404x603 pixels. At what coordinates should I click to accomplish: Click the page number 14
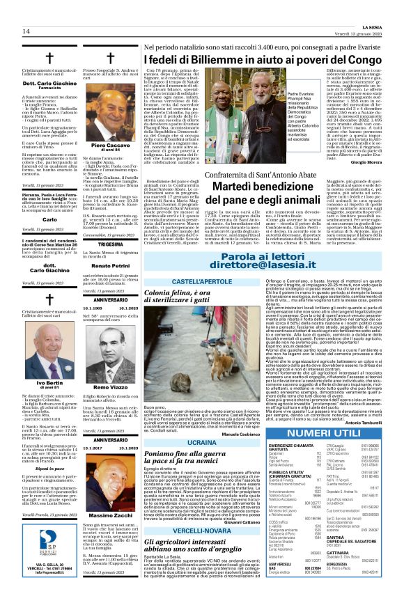[26, 31]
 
